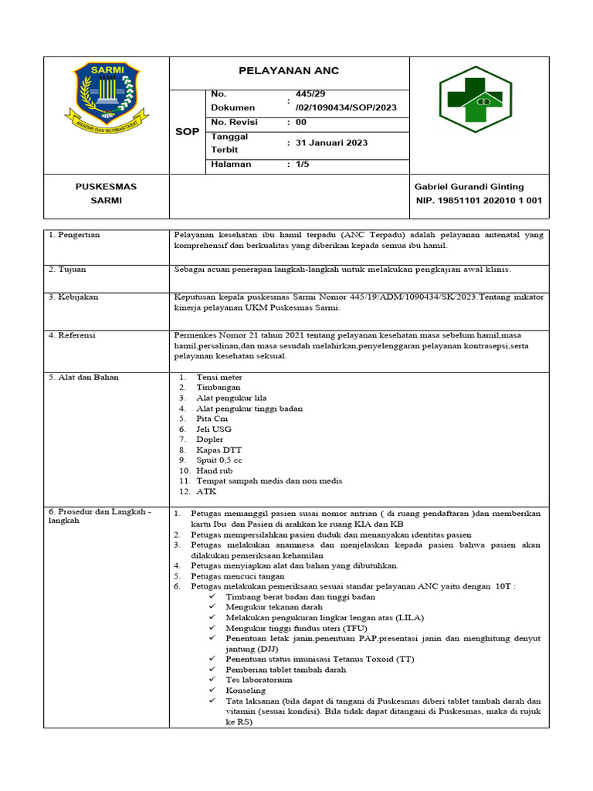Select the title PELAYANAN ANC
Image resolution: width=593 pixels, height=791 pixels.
point(289,71)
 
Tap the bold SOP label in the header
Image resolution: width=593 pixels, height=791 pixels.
point(186,132)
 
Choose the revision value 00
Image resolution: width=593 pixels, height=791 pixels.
point(300,122)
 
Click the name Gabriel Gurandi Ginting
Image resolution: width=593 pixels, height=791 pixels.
point(469,187)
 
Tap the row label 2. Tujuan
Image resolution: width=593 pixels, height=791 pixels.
point(67,270)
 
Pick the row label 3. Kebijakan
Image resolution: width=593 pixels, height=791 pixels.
point(73,297)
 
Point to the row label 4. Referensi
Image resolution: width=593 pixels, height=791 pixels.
point(73,336)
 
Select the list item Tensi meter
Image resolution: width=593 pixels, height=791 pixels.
point(219,377)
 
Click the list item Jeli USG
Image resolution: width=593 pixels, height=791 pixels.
point(214,429)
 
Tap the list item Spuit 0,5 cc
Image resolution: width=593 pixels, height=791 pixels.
point(219,460)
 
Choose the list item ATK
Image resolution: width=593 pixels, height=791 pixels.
point(206,491)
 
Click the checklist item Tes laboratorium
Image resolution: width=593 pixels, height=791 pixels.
point(259,680)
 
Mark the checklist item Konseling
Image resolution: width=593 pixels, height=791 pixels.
point(246,691)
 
